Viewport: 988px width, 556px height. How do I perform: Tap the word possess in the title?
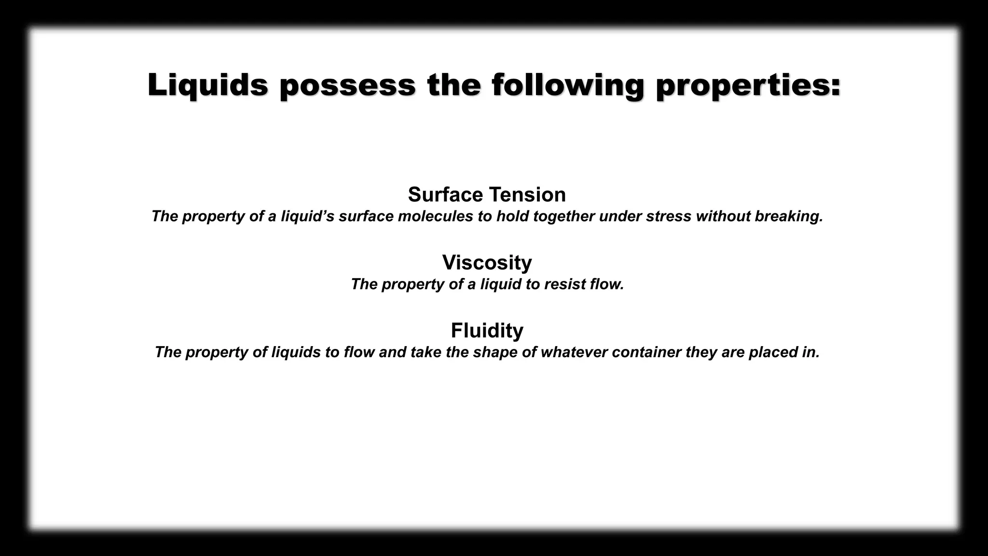click(348, 85)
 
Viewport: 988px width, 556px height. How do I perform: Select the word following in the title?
click(568, 85)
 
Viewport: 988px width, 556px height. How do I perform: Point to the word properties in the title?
click(748, 85)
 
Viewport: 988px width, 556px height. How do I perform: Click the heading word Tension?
click(527, 195)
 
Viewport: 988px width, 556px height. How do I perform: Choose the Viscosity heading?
click(487, 263)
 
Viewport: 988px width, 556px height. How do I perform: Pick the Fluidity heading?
click(487, 331)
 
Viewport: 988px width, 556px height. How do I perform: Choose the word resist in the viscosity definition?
click(565, 284)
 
